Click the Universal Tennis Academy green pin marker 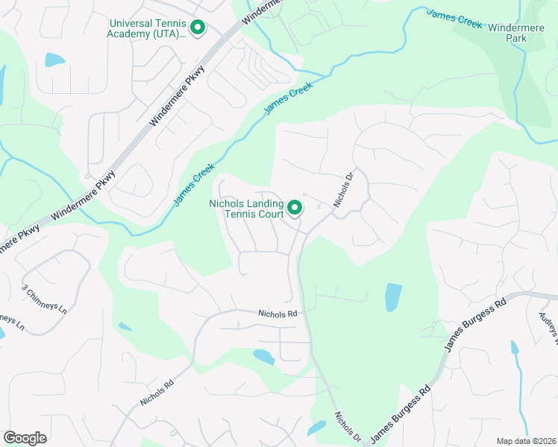pyautogui.click(x=198, y=28)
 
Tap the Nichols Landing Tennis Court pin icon pyautogui.click(x=295, y=207)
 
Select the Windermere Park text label pyautogui.click(x=515, y=32)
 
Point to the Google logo pyautogui.click(x=25, y=437)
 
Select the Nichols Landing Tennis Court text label pyautogui.click(x=245, y=209)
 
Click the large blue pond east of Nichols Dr pyautogui.click(x=393, y=297)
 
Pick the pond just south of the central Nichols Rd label pyautogui.click(x=263, y=357)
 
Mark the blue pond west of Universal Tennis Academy pyautogui.click(x=54, y=60)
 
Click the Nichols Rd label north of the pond pyautogui.click(x=278, y=314)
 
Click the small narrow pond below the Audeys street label pyautogui.click(x=514, y=347)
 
